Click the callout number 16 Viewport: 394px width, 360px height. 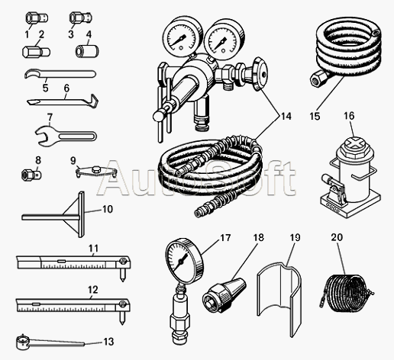tap(349, 116)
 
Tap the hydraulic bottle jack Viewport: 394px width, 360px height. tap(350, 177)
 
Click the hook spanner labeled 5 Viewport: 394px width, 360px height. tap(60, 74)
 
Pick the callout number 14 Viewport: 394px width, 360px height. tap(286, 116)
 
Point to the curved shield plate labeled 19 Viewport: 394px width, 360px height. tap(280, 300)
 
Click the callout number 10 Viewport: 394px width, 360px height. tap(108, 210)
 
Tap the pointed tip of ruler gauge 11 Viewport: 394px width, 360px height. tap(122, 281)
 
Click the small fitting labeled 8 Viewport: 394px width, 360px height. tap(31, 175)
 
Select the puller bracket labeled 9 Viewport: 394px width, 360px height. tap(96, 172)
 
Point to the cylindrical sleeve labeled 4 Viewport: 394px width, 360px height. tap(87, 51)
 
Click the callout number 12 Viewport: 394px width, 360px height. tap(92, 290)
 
